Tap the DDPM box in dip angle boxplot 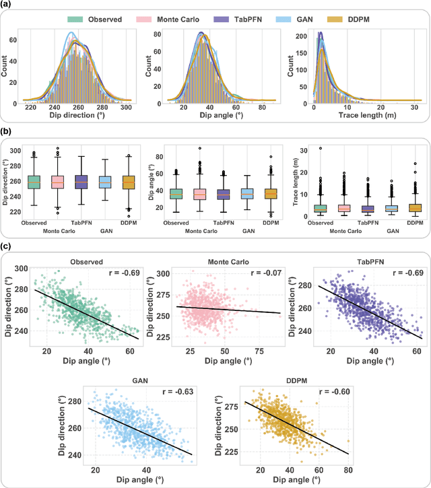point(270,194)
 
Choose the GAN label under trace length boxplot point(391,231)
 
